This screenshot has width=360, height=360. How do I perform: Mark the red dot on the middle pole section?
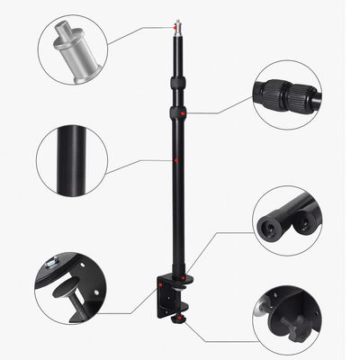click(179, 161)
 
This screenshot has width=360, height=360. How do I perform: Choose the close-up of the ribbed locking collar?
click(289, 94)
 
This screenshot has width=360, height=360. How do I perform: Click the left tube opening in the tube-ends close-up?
click(269, 225)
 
